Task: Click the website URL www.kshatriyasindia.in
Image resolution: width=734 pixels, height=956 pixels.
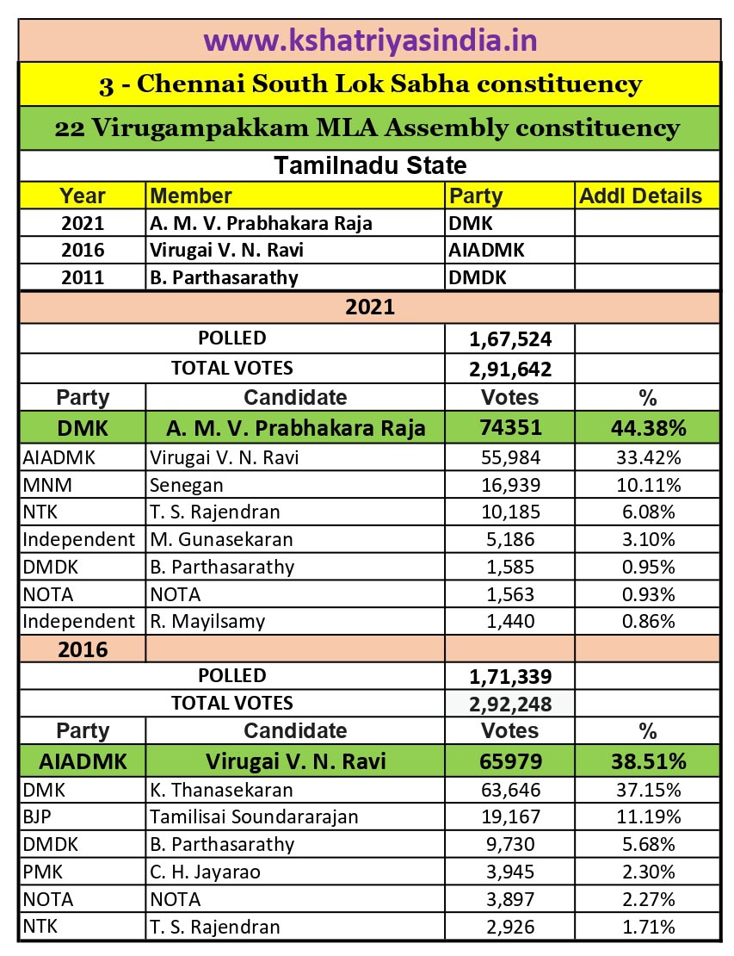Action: [x=370, y=40]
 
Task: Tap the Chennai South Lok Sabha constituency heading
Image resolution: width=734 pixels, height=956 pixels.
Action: [x=370, y=84]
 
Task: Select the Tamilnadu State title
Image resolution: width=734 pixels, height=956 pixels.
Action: [x=370, y=165]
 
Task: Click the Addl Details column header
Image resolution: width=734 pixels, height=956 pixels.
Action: [x=641, y=196]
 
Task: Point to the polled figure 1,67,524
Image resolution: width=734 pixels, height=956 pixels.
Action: [x=510, y=338]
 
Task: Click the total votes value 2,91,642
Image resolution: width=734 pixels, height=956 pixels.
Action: [x=510, y=369]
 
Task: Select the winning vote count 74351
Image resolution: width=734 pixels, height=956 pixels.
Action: [x=510, y=427]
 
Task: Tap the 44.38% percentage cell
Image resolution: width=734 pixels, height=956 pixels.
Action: [x=648, y=427]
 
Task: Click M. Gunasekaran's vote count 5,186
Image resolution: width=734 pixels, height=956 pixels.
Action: [x=510, y=540]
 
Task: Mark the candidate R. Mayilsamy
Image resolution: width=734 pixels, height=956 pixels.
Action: [x=207, y=620]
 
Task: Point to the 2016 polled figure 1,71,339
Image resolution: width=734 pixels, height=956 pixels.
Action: [x=510, y=675]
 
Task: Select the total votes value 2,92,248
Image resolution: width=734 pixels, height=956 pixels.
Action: [x=510, y=704]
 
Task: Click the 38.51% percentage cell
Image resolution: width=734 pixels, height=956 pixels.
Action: [x=648, y=761]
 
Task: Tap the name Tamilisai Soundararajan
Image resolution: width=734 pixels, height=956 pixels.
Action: [x=254, y=816]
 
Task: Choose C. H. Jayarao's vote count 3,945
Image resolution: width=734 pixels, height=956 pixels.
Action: [x=510, y=872]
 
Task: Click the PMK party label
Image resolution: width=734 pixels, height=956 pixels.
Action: [x=39, y=872]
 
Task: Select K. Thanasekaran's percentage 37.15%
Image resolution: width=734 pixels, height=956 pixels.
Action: [x=648, y=789]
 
